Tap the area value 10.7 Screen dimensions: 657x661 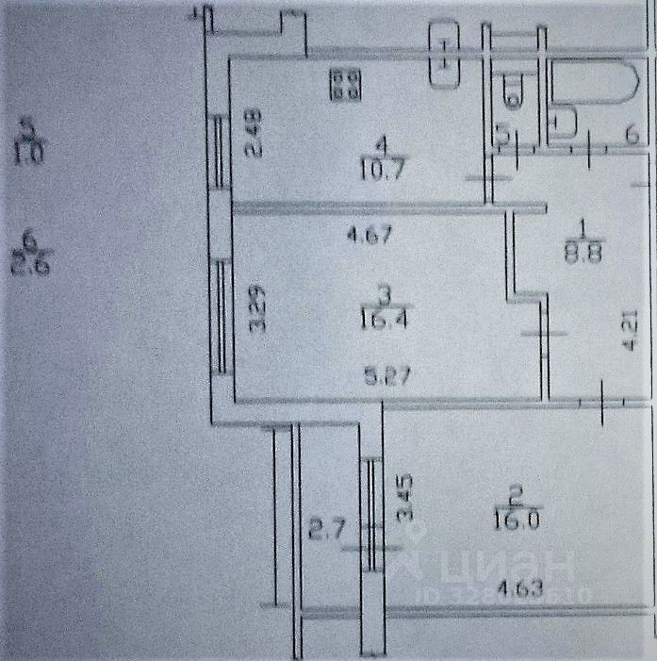[381, 169]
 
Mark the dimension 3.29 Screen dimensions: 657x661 [255, 309]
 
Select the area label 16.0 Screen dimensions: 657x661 [513, 520]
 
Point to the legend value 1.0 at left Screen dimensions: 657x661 [28, 152]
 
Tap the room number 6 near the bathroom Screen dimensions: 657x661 [631, 136]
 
